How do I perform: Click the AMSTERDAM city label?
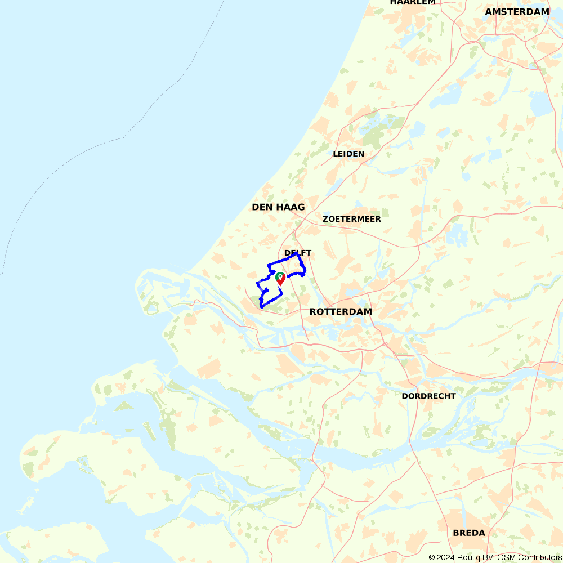coord(517,11)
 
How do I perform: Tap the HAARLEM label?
coord(413,2)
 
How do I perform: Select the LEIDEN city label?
coord(348,154)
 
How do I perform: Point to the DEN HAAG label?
coord(278,207)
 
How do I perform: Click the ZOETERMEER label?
coord(352,219)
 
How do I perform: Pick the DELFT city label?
coord(298,253)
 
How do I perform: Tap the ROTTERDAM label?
coord(341,311)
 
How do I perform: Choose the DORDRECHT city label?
coord(428,396)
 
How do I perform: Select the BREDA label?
coord(469,533)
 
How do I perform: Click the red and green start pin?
coord(280,278)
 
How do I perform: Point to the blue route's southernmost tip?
coord(262,307)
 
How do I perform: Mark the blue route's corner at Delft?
coord(297,254)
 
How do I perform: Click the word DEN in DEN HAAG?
coord(262,207)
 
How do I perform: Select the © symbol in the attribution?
coord(431,557)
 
